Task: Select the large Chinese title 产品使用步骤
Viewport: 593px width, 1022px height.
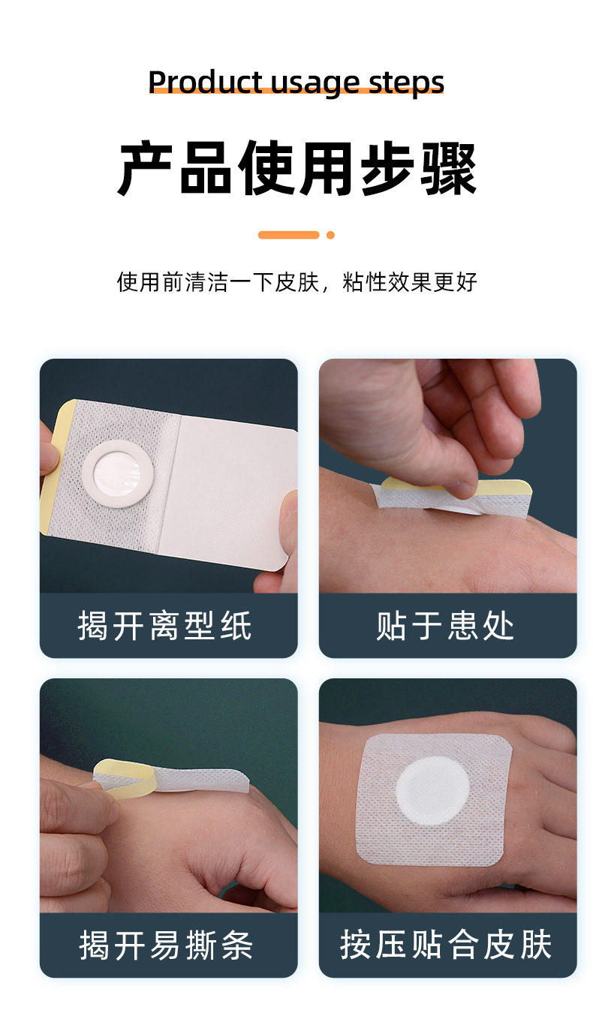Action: click(x=296, y=169)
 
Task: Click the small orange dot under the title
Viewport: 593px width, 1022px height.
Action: click(x=330, y=235)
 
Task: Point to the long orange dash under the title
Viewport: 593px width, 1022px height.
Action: click(x=289, y=235)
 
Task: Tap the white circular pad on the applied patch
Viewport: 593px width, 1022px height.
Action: click(x=432, y=789)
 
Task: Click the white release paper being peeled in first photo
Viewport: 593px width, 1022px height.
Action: click(x=229, y=488)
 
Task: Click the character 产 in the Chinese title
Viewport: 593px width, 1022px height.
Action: click(x=147, y=169)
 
